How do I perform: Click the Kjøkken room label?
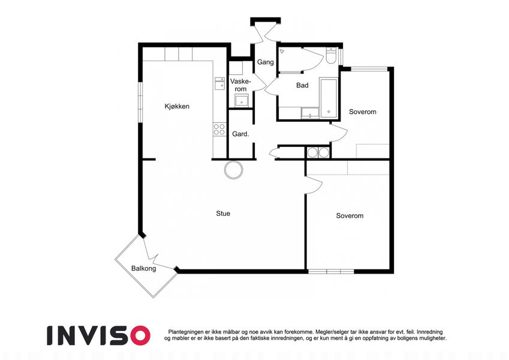177,107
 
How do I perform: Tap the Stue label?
223,214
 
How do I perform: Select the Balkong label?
143,269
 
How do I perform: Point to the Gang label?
266,62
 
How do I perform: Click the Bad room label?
302,85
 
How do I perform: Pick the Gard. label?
240,134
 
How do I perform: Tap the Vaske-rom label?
240,85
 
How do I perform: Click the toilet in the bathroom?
332,56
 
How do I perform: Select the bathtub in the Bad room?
329,97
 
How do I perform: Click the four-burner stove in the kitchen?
219,130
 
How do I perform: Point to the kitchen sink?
219,83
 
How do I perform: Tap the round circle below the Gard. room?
233,170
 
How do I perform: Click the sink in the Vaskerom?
242,100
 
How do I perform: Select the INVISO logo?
99,335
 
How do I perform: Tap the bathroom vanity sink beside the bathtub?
311,113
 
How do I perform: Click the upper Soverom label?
363,112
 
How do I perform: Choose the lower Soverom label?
350,216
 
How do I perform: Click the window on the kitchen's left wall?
140,102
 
